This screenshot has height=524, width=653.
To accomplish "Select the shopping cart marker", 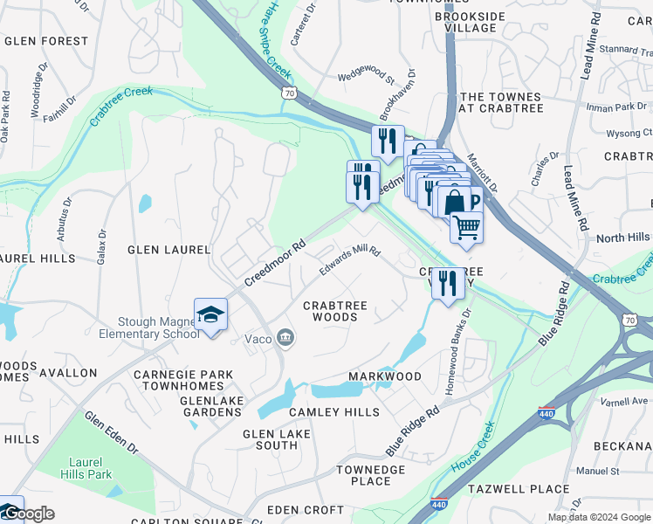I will pyautogui.click(x=466, y=227).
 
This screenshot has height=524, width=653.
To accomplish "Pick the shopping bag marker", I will pyautogui.click(x=455, y=203).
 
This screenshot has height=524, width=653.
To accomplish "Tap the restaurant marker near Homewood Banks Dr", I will pyautogui.click(x=448, y=283).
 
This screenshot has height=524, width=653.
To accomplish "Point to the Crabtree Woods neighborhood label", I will pyautogui.click(x=335, y=311).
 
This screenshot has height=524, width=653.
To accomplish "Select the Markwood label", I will pyautogui.click(x=385, y=376).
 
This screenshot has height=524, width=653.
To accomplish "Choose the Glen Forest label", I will pyautogui.click(x=45, y=41).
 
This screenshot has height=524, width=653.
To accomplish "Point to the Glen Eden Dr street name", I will pyautogui.click(x=112, y=432).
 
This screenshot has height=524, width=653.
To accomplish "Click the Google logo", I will pyautogui.click(x=29, y=514).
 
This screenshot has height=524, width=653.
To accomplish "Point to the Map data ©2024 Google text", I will pyautogui.click(x=598, y=517).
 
